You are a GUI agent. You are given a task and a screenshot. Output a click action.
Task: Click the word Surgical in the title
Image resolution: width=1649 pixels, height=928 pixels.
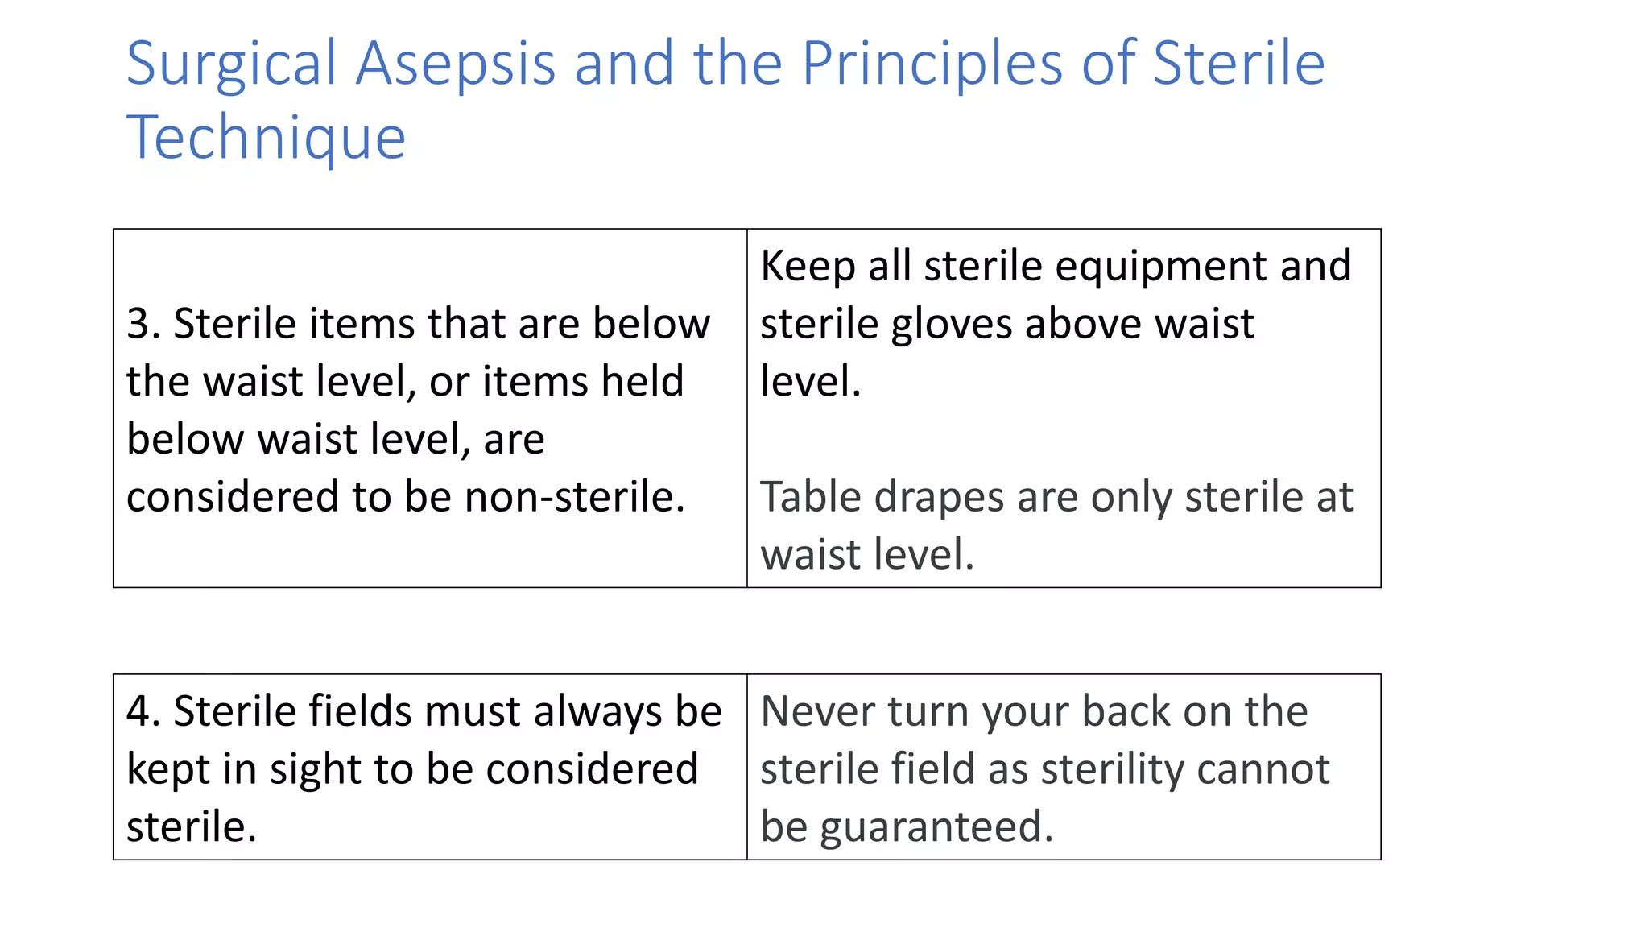[231, 64]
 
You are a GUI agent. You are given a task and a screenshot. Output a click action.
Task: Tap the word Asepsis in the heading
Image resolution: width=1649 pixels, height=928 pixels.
[456, 64]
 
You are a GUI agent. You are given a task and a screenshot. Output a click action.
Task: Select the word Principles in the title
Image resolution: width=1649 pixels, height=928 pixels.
[932, 64]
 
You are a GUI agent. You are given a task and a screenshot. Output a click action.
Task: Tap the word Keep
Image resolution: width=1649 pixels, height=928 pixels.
[807, 266]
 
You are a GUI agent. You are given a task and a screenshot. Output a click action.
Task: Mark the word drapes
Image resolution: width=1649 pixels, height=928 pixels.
[939, 497]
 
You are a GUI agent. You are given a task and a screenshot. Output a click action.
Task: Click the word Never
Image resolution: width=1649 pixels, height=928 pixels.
[816, 711]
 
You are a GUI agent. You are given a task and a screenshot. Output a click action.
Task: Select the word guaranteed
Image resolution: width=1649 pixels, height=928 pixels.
[936, 827]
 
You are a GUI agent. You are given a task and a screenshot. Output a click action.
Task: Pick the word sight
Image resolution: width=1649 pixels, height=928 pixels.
[313, 769]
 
